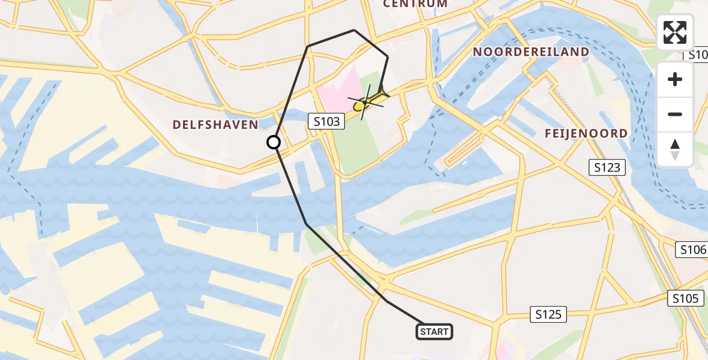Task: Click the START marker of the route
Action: [x=434, y=332]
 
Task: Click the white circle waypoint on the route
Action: [x=274, y=142]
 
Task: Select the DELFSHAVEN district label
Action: [x=215, y=125]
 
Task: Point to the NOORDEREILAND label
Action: [x=531, y=52]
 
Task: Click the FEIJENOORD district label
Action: [x=586, y=133]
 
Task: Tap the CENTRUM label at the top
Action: [x=415, y=4]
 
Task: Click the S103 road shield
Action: [x=327, y=122]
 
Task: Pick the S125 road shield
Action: [x=549, y=314]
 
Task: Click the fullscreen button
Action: [x=675, y=32]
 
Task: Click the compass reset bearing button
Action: [x=675, y=149]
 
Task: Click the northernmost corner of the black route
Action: [x=354, y=30]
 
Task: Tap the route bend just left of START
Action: [x=386, y=301]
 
